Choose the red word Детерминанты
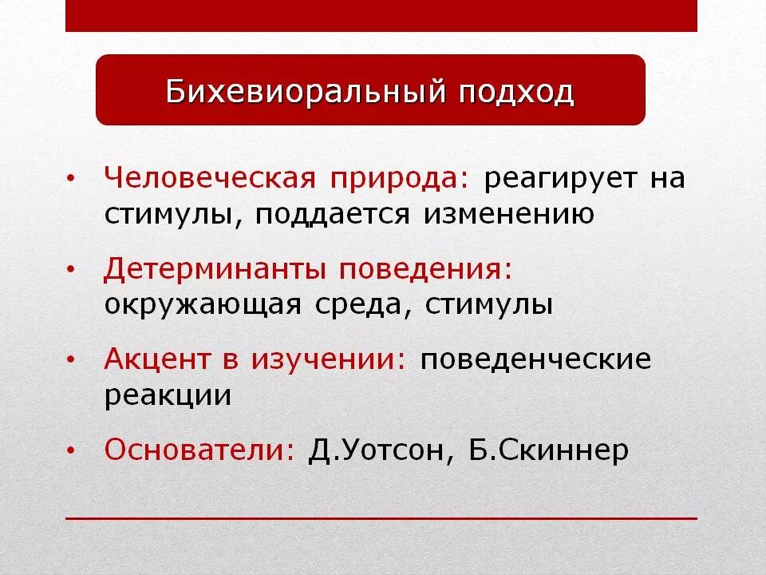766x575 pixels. (x=215, y=269)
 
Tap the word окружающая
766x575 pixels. (x=203, y=306)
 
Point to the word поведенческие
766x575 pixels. (x=536, y=360)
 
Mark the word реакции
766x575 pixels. (x=168, y=396)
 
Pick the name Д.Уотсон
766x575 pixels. (x=374, y=450)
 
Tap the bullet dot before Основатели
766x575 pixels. (x=72, y=452)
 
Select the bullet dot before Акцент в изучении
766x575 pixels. (x=72, y=361)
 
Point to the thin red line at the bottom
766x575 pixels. (x=381, y=518)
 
